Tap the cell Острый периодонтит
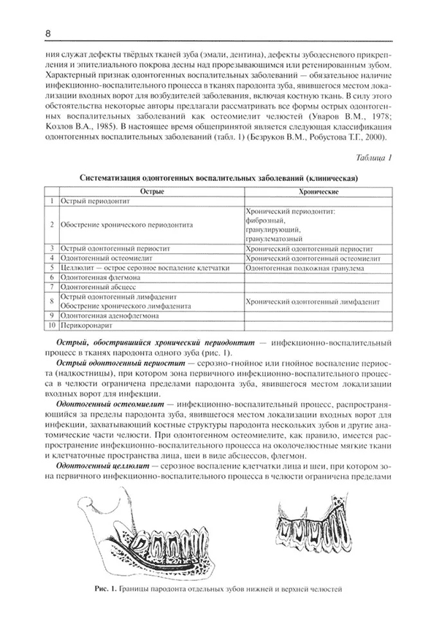91,200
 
